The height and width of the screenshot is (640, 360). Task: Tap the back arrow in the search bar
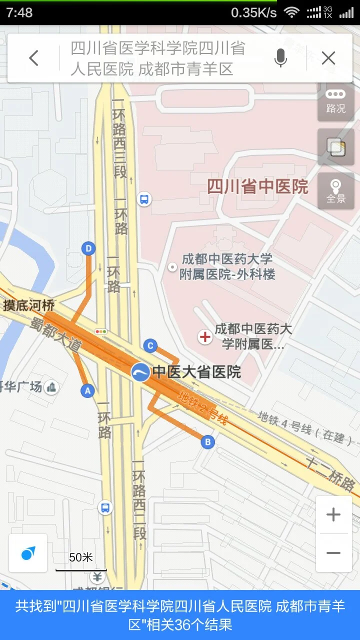coord(33,58)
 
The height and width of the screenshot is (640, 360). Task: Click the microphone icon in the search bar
coord(280,58)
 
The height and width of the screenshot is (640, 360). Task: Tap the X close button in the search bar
coord(328,58)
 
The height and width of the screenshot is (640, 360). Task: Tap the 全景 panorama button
coord(335,191)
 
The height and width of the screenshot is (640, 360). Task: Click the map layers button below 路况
coord(335,146)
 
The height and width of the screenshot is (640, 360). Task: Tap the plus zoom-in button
coord(333,514)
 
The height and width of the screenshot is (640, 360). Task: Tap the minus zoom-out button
coord(333,553)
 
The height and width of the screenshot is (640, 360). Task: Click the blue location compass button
coord(28,553)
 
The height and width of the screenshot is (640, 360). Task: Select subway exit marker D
coord(88,248)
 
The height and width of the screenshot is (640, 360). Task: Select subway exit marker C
coord(150,345)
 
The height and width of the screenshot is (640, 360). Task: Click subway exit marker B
coord(207,441)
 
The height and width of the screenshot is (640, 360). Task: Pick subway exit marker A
coord(88,390)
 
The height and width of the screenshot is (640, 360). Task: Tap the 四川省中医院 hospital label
coord(257,186)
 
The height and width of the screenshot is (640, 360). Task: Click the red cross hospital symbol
coord(205,337)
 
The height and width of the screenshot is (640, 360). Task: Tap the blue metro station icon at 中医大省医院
coord(140,372)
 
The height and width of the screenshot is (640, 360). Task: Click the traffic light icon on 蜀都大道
coord(101,331)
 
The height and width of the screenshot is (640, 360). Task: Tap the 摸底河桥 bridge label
coord(29,305)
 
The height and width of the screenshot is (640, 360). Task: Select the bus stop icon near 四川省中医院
coord(144,199)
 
